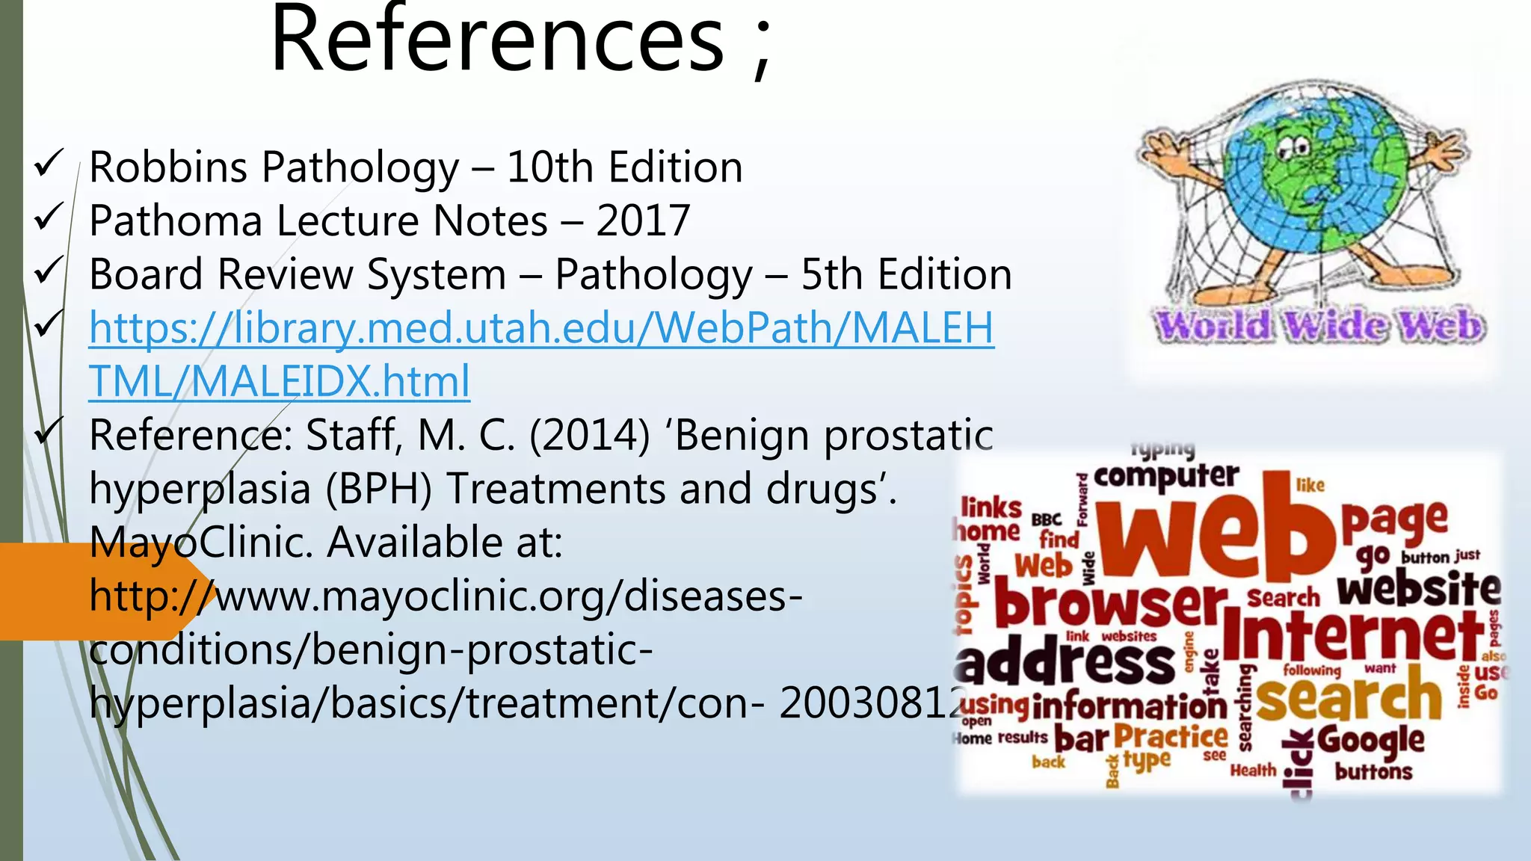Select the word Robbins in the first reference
point(168,167)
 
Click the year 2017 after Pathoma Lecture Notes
point(643,220)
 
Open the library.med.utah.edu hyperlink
point(541,328)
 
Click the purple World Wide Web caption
point(1319,327)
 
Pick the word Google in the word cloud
point(1370,740)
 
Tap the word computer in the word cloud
point(1166,477)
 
